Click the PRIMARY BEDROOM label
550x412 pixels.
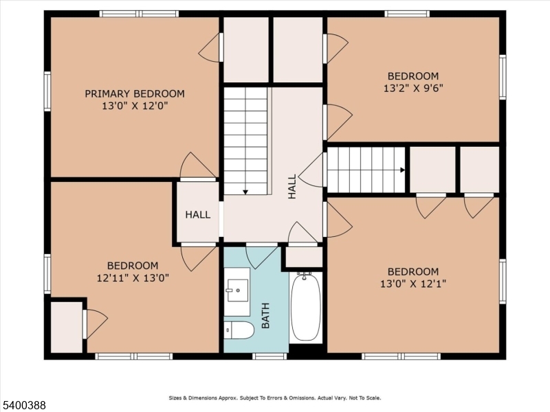(x=135, y=94)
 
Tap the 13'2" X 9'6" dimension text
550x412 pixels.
(x=413, y=88)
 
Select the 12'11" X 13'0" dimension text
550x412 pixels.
(x=133, y=278)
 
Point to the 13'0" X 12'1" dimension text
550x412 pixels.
(x=413, y=284)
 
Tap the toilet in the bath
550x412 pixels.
(x=239, y=330)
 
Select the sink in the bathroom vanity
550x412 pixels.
(x=237, y=290)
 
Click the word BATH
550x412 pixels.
(x=265, y=315)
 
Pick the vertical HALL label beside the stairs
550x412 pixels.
(x=291, y=186)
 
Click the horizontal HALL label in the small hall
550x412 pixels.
(x=198, y=214)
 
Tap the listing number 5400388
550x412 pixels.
(x=23, y=405)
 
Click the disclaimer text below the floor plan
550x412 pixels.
(x=274, y=398)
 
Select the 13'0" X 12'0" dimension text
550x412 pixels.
(x=135, y=106)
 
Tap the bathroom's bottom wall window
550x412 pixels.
(x=269, y=356)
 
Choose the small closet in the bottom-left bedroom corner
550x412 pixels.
(x=67, y=328)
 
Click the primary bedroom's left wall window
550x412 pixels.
(x=47, y=91)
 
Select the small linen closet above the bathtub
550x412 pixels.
(x=304, y=257)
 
